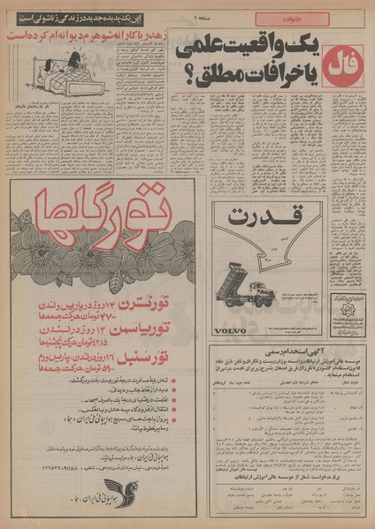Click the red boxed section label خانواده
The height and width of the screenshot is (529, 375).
(291, 18)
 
